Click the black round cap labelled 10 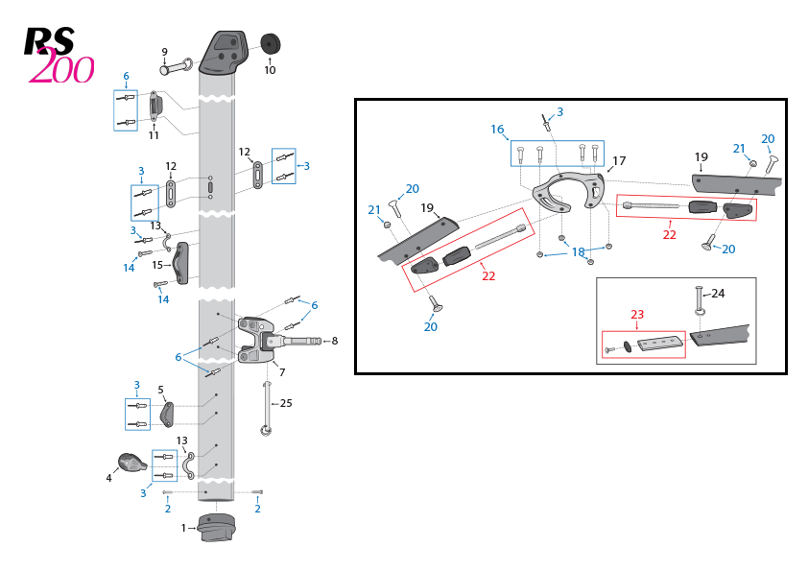271,45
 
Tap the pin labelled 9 176,68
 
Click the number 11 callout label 154,135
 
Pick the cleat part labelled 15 180,263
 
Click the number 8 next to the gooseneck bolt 333,341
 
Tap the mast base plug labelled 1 215,528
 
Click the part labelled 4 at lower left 132,464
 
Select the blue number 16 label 497,130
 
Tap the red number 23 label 636,314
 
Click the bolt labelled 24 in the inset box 700,300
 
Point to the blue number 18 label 578,251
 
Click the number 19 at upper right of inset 701,156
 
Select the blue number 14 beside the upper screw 129,268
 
